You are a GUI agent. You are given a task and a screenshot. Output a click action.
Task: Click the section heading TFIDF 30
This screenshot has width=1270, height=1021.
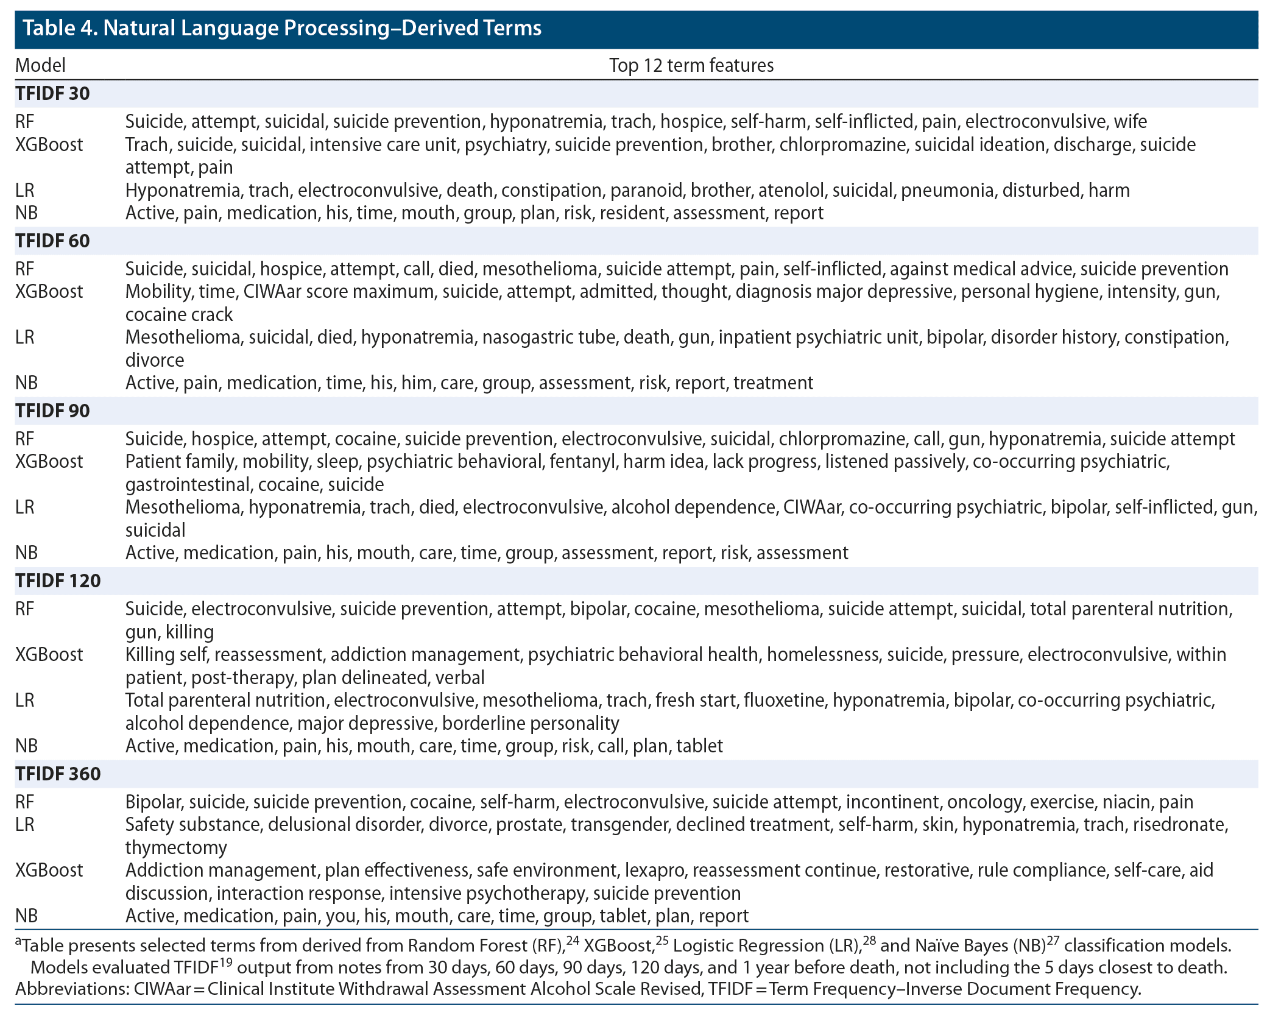point(52,93)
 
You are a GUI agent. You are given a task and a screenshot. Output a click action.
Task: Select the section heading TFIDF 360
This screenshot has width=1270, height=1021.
point(58,774)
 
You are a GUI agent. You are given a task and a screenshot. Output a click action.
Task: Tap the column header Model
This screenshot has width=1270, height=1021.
point(40,65)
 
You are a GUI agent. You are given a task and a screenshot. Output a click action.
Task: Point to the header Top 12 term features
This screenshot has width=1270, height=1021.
point(691,65)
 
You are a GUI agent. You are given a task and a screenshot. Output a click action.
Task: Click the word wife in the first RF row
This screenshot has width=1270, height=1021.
point(1131,121)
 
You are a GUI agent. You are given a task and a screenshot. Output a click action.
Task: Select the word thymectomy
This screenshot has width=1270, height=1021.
point(176,847)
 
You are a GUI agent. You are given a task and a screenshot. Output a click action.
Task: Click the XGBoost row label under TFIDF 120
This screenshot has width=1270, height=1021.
point(49,654)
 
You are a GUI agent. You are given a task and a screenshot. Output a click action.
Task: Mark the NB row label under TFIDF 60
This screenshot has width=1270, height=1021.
point(26,383)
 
